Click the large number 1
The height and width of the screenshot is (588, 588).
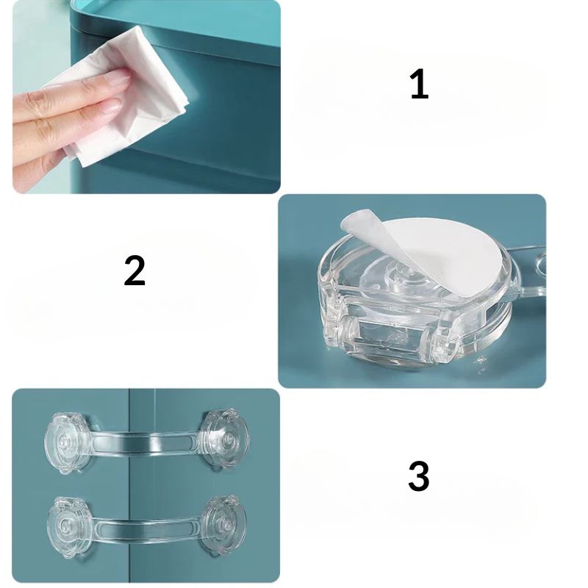click(420, 85)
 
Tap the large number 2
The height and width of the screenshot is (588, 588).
click(135, 270)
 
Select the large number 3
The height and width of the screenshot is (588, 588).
click(418, 476)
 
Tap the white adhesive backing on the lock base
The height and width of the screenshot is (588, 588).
click(435, 255)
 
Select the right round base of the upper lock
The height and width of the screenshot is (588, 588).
click(224, 440)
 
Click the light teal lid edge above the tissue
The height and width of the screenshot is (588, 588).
click(176, 15)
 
